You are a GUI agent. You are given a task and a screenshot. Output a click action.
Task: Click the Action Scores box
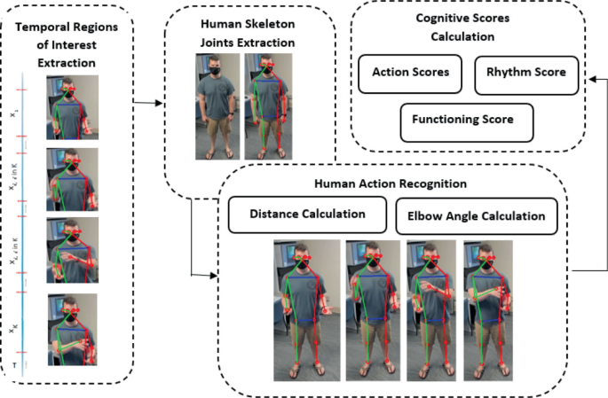pyautogui.click(x=410, y=74)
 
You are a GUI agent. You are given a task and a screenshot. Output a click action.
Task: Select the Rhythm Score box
pyautogui.click(x=526, y=74)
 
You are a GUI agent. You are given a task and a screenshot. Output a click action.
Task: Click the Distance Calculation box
pyautogui.click(x=307, y=215)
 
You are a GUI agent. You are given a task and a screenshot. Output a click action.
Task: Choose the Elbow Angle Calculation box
pyautogui.click(x=476, y=215)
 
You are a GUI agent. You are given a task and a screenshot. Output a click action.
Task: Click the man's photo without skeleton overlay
pyautogui.click(x=217, y=107)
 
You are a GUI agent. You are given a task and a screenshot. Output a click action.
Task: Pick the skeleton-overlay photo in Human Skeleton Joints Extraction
pyautogui.click(x=266, y=107)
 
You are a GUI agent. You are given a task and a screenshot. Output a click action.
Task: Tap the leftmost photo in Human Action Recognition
pyautogui.click(x=306, y=300)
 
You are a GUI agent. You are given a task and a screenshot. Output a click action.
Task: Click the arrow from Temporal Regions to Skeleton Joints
pyautogui.click(x=147, y=103)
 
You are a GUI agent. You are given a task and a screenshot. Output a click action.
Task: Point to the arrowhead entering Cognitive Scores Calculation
pyautogui.click(x=591, y=77)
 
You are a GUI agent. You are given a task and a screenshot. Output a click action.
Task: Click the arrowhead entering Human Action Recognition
pyautogui.click(x=213, y=275)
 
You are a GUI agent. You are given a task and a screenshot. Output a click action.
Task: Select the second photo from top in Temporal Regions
pyautogui.click(x=72, y=178)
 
